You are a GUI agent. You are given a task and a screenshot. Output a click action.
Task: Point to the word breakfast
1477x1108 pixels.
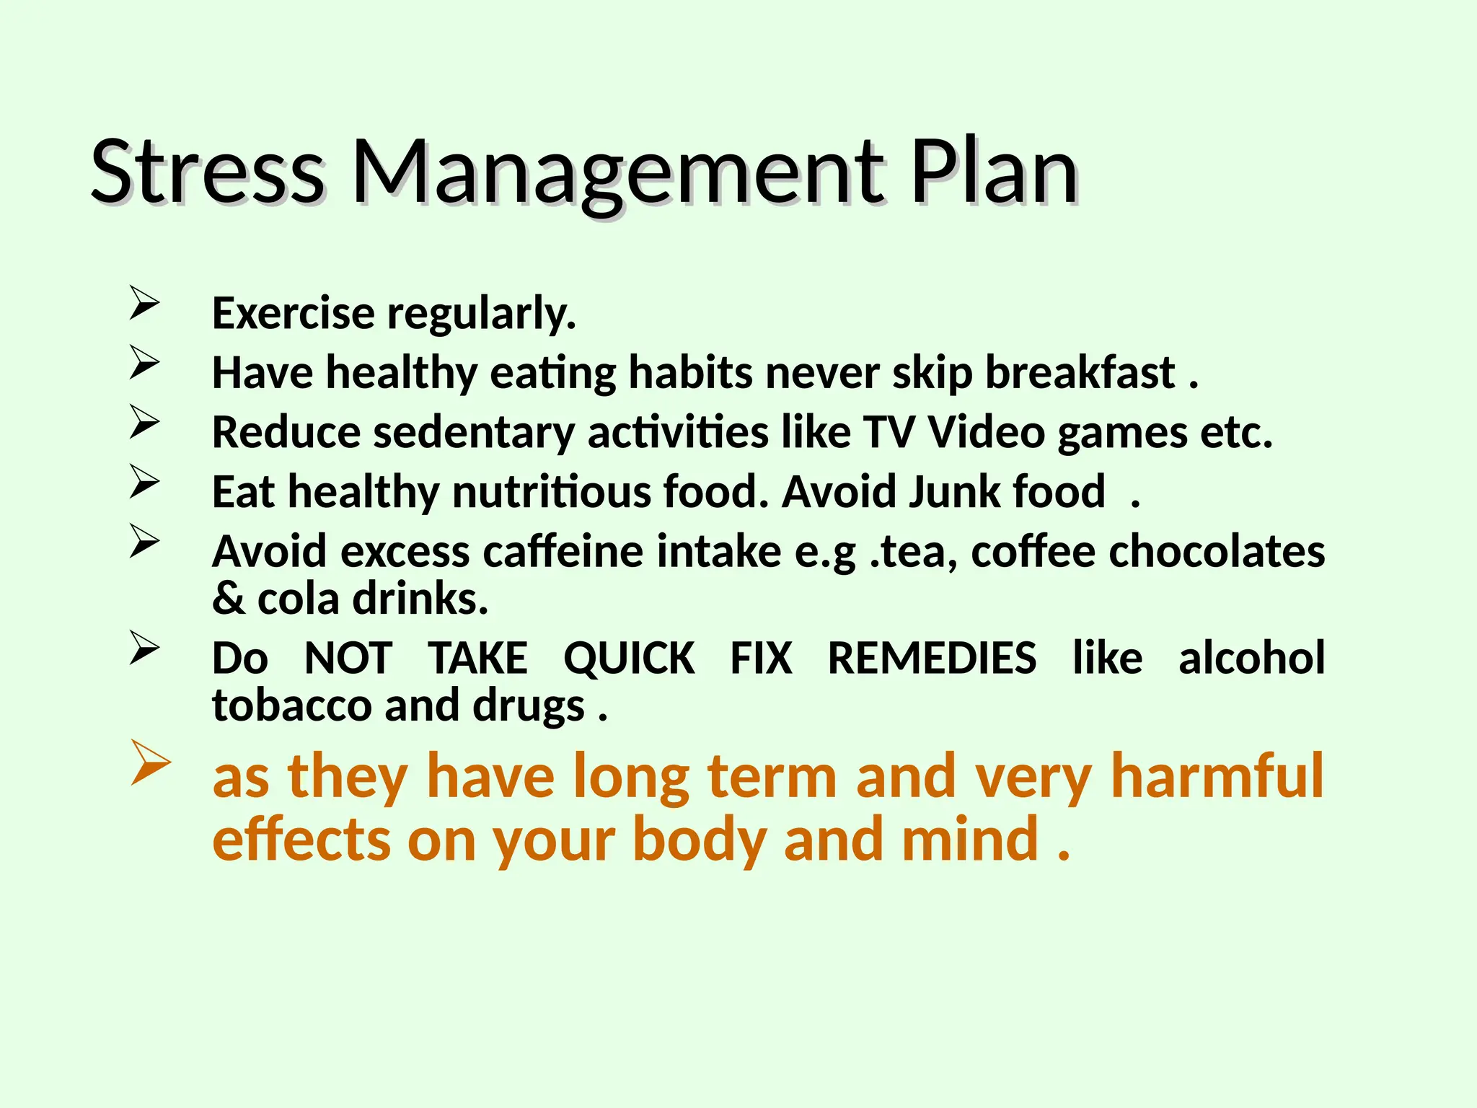click(1080, 373)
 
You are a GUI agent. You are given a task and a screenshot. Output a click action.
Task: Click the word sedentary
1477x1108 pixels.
click(474, 433)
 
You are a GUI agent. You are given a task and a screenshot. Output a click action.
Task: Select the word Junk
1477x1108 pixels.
click(954, 492)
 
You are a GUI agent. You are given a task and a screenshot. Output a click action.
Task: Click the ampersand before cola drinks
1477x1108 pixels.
click(229, 599)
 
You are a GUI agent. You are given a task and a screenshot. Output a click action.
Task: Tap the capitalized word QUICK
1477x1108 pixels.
click(629, 658)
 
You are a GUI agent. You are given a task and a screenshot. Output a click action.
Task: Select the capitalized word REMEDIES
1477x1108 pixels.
click(932, 658)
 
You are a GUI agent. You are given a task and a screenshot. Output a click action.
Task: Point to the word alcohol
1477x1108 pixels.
click(1251, 658)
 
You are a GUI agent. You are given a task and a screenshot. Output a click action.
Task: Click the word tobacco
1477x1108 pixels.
click(291, 705)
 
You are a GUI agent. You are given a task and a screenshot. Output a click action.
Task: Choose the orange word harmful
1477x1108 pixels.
click(1217, 776)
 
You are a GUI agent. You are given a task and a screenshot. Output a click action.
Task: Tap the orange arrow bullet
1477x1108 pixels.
click(150, 762)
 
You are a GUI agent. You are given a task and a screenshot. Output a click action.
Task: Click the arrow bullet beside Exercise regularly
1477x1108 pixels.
click(144, 303)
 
